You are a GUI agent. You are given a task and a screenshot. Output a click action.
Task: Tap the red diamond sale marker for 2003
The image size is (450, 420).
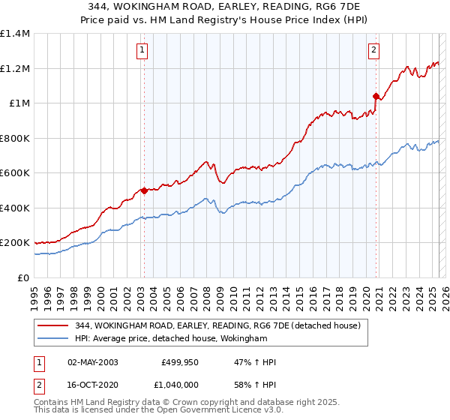pos(144,190)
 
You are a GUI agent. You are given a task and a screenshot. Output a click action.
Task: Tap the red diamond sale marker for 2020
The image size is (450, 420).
pos(376,96)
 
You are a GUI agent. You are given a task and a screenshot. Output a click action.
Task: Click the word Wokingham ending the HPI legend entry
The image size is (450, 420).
pos(244,339)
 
